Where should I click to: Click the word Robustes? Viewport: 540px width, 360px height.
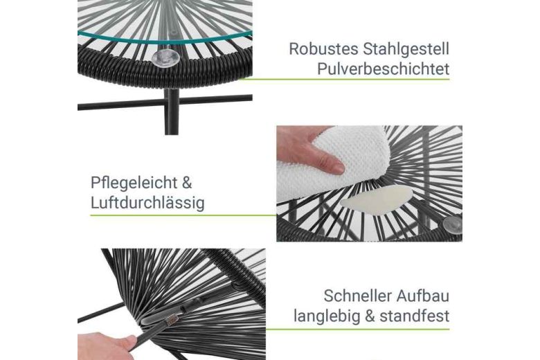point(323,49)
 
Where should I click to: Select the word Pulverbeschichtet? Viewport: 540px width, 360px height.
point(383,69)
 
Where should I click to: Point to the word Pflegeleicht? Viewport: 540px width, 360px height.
point(134,183)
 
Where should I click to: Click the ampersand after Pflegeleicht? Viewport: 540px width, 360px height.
point(187,183)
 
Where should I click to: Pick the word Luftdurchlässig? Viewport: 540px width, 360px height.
point(147,203)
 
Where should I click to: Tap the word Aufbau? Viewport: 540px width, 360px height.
point(422,296)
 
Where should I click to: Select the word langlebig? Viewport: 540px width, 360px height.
point(327,316)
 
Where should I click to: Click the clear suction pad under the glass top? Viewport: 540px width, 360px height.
point(165,58)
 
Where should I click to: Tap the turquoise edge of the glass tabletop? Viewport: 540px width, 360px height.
point(165,39)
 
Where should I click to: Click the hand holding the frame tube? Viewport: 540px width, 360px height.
point(107,346)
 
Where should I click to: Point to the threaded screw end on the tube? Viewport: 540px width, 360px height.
point(171,321)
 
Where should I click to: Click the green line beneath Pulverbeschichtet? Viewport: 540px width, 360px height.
point(344,79)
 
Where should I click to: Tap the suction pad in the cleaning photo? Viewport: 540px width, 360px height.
point(453,225)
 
